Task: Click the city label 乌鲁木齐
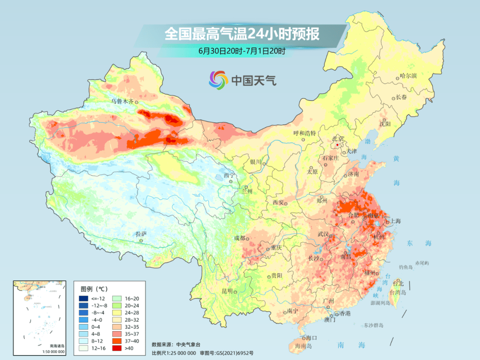pos(122,101)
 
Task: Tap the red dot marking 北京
pos(337,145)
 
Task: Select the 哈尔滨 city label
pos(408,76)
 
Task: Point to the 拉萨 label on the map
pos(141,234)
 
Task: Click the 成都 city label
pos(239,238)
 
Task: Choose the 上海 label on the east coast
pos(395,221)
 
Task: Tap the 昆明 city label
pos(227,291)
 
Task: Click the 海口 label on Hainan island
pos(312,338)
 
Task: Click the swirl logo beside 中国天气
pos(218,80)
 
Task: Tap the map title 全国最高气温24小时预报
pos(242,34)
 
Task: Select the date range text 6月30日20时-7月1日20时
pos(242,51)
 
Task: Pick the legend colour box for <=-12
pos(83,298)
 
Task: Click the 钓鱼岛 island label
pos(406,267)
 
